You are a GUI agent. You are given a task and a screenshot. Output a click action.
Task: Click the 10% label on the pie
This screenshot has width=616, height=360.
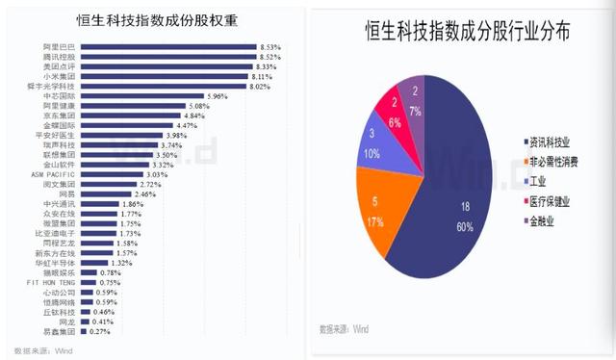[372, 154]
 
